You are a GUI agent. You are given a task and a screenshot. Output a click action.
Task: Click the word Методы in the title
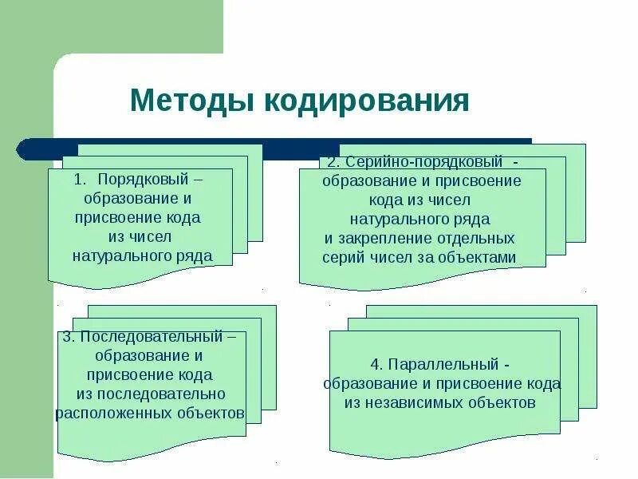point(189,101)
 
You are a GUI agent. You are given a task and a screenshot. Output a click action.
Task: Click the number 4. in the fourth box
point(378,365)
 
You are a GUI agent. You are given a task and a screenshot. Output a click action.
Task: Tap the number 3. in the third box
point(69,336)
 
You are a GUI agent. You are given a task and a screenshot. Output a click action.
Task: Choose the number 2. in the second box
point(330,162)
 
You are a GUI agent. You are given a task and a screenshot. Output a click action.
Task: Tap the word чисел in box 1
point(152,236)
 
